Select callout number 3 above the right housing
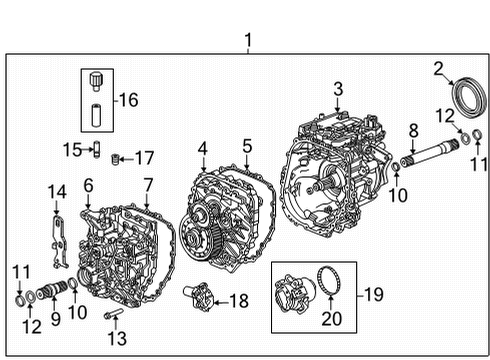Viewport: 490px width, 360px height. click(338, 91)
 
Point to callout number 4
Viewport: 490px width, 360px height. click(203, 149)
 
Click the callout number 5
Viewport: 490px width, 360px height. click(246, 148)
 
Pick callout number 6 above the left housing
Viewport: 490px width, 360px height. click(88, 184)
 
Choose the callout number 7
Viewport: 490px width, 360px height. click(147, 184)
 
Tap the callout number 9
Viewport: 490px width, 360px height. click(54, 319)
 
